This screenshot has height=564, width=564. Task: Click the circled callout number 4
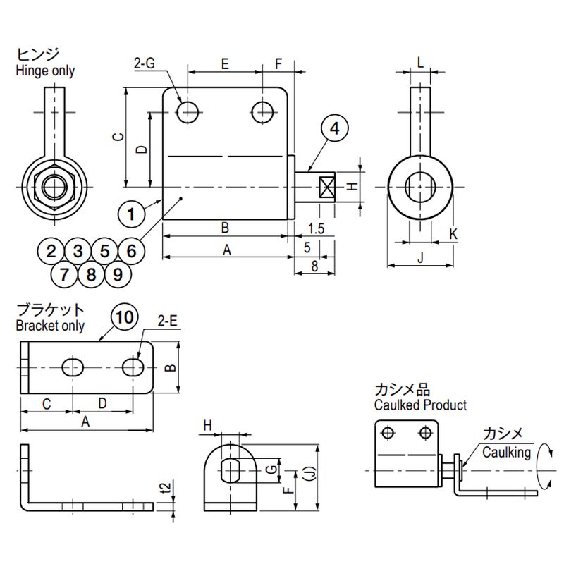pyautogui.click(x=335, y=128)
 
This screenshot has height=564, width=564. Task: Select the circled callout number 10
pyautogui.click(x=124, y=319)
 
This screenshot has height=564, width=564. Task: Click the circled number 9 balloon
pyautogui.click(x=117, y=274)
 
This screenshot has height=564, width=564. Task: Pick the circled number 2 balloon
pyautogui.click(x=51, y=250)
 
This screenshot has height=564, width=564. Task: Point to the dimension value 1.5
pyautogui.click(x=316, y=228)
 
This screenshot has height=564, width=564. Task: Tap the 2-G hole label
pyautogui.click(x=144, y=64)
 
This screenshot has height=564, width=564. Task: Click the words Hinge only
pyautogui.click(x=44, y=70)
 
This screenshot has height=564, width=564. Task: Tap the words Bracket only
pyautogui.click(x=49, y=326)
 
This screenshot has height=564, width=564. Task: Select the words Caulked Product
pyautogui.click(x=420, y=405)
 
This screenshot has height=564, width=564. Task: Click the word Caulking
pyautogui.click(x=506, y=453)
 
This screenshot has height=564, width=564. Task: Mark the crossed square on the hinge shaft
pyautogui.click(x=326, y=187)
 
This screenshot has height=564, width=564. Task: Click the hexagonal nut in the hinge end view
pyautogui.click(x=56, y=187)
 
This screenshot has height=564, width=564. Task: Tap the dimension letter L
pyautogui.click(x=420, y=62)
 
